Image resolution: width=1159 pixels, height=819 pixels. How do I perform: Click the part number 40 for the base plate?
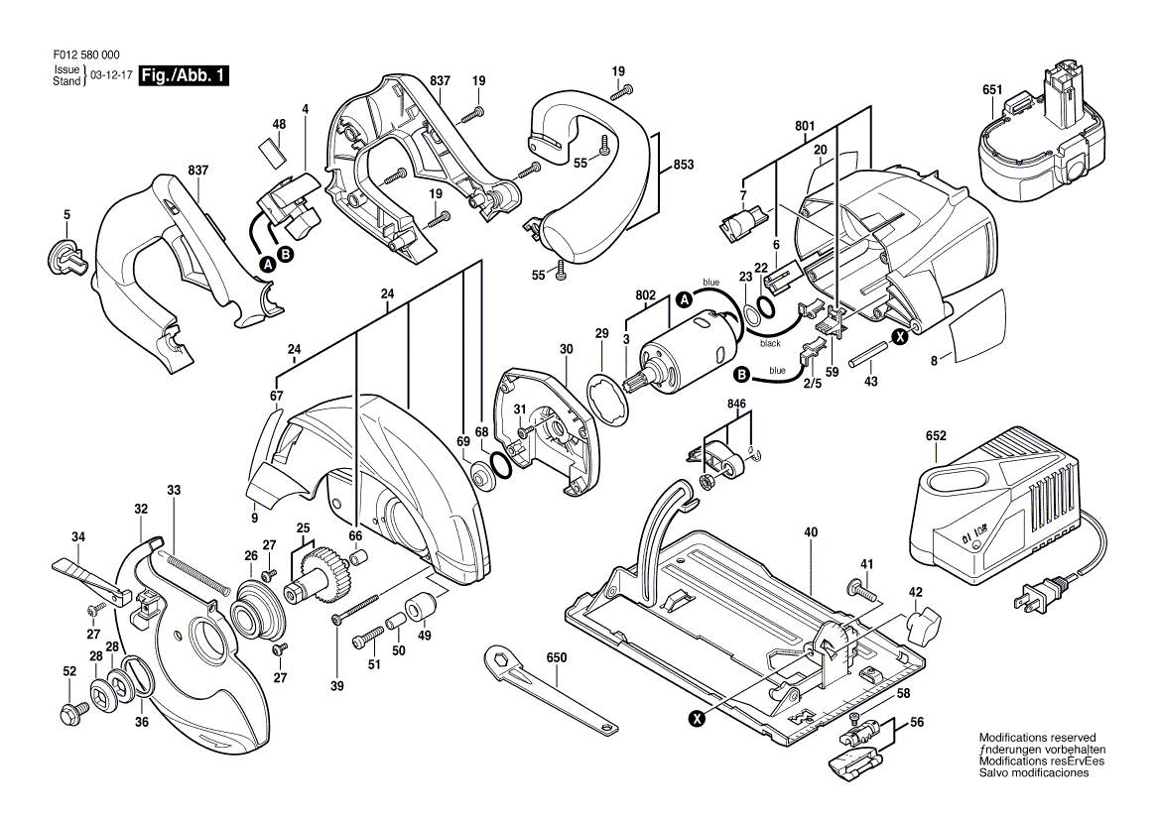811,532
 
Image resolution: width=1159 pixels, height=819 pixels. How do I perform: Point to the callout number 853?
683,165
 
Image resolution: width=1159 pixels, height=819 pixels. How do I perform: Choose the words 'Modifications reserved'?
1037,738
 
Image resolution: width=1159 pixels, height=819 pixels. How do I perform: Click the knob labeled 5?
63,257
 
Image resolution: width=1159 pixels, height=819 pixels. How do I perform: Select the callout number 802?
645,294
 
